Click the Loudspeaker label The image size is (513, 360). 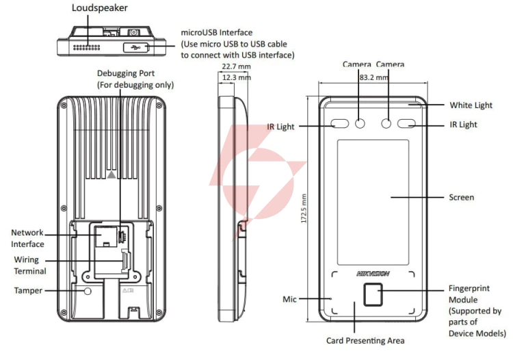99,8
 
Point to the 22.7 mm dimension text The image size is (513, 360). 236,66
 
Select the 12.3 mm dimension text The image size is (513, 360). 237,77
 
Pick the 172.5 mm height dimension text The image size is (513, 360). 304,209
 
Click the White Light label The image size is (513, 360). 471,105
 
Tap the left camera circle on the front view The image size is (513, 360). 360,123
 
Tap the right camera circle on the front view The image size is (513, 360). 386,123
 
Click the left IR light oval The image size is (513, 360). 340,123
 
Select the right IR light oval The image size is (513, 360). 406,123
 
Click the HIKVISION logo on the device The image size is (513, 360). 373,273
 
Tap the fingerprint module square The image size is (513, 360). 373,294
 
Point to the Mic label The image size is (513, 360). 289,299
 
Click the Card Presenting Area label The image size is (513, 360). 365,341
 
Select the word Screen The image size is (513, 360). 461,197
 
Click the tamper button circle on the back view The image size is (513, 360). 88,291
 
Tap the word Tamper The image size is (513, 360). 28,291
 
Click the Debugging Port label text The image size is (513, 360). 126,73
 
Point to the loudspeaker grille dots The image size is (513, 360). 86,48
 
